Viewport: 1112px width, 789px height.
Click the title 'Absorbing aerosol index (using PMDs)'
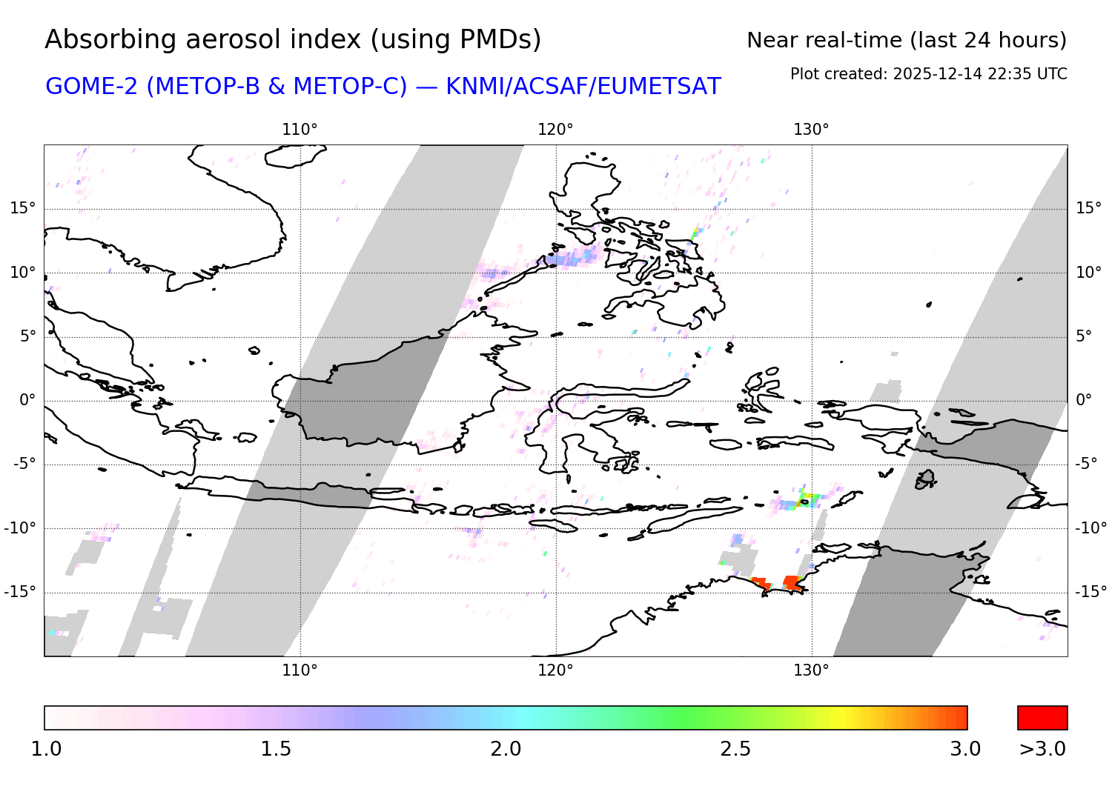(293, 40)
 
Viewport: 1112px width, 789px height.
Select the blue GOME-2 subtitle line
(383, 87)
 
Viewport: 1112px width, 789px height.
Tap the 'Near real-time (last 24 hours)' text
(906, 41)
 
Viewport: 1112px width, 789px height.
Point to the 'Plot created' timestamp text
(928, 74)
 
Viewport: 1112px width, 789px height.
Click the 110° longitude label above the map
(299, 130)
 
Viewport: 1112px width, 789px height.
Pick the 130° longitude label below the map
(811, 670)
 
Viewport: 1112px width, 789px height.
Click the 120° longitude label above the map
(555, 130)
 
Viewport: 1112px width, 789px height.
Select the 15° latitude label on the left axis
(23, 208)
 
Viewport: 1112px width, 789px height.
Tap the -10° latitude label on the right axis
(1091, 528)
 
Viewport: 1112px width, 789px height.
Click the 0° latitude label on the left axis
(27, 400)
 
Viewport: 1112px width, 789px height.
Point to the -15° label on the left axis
(20, 592)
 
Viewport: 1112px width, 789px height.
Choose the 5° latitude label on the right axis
(1084, 336)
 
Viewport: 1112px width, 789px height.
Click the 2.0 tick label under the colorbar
(506, 749)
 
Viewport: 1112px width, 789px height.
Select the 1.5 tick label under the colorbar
(276, 749)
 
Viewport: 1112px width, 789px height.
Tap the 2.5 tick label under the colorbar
(735, 749)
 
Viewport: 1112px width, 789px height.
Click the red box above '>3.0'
(1042, 718)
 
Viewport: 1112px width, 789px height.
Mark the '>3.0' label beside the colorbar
(1042, 749)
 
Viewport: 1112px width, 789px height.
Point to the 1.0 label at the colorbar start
(46, 749)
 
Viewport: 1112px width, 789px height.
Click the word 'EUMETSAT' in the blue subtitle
(659, 87)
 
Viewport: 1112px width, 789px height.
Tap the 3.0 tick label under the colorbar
(965, 749)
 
